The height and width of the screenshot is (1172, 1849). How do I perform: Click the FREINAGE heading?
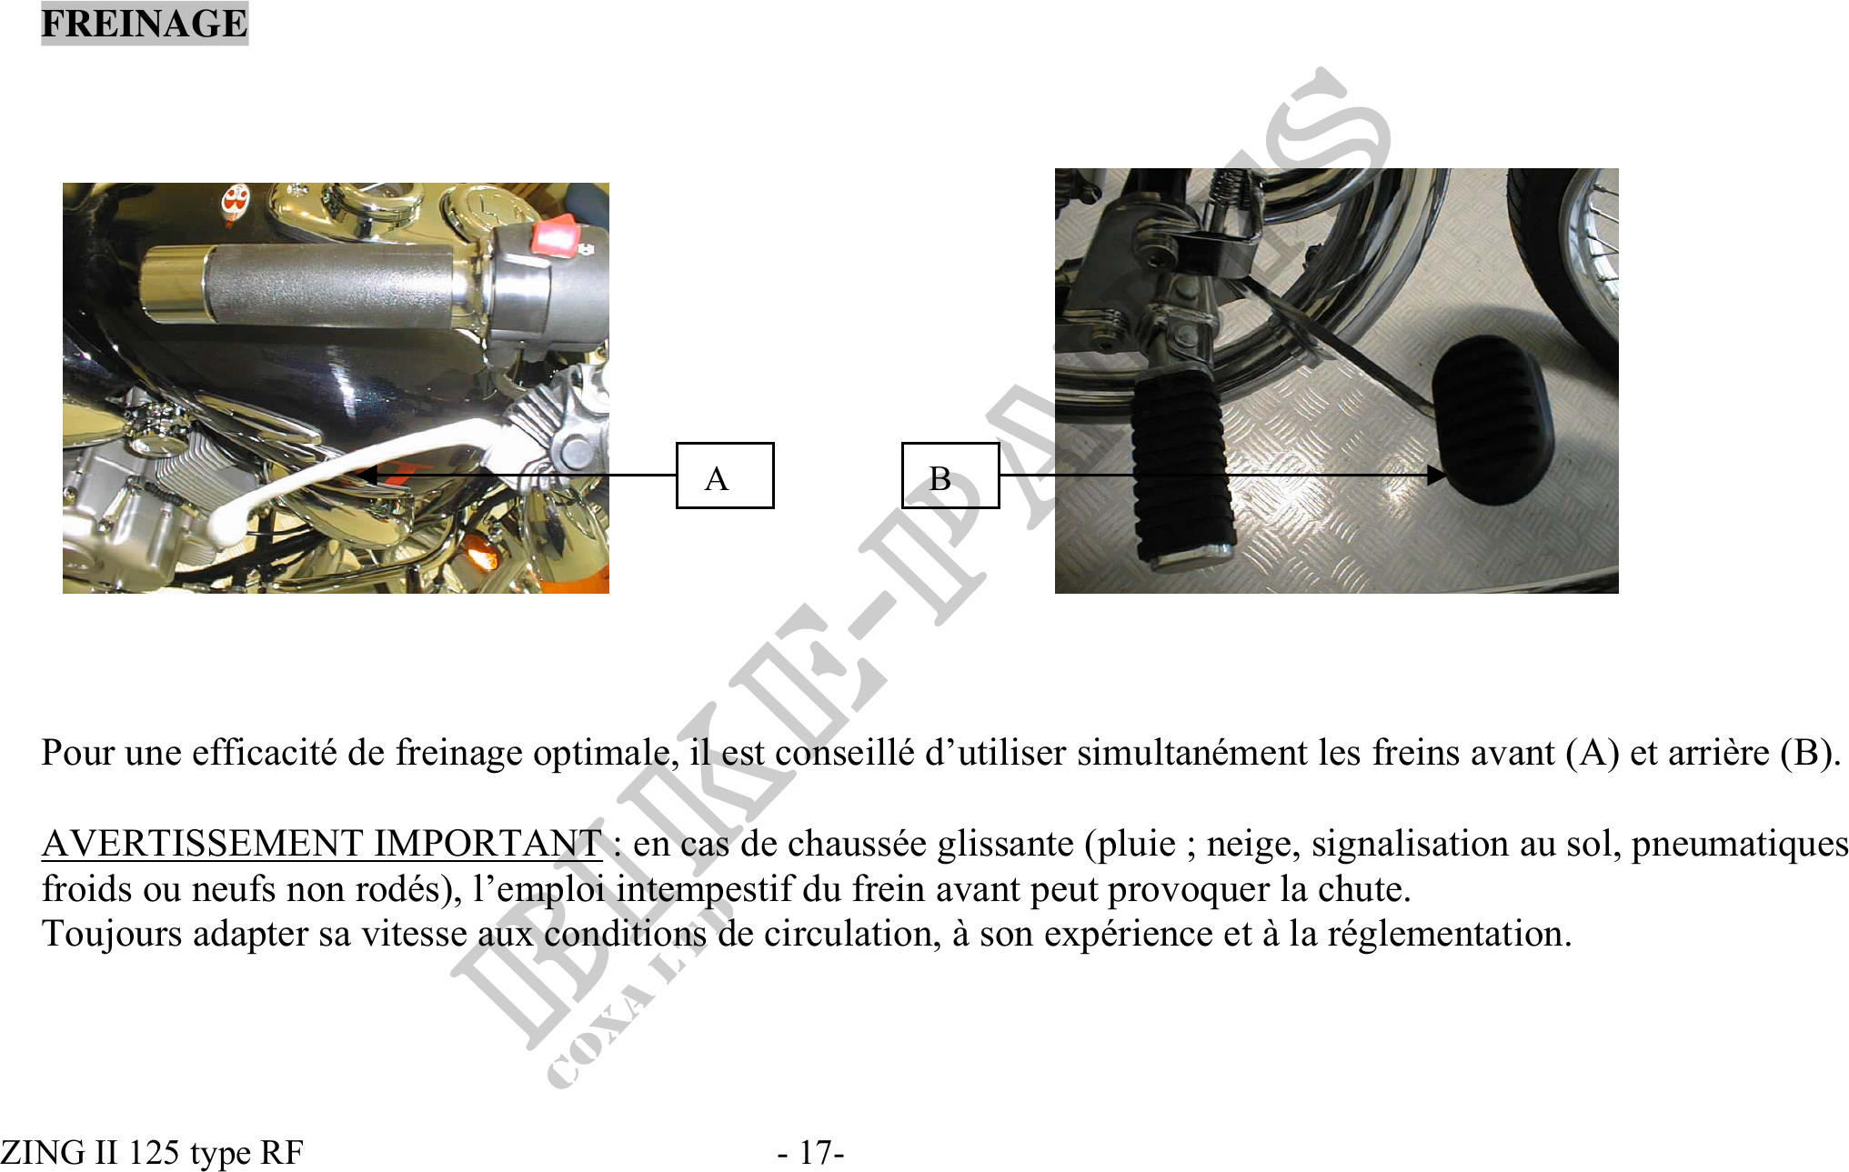coord(144,24)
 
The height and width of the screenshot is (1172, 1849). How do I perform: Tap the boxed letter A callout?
coord(725,476)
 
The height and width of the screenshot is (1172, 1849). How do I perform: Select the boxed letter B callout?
coord(950,476)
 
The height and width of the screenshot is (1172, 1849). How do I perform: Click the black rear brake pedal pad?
coord(1492,417)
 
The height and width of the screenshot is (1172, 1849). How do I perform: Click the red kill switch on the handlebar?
coord(554,236)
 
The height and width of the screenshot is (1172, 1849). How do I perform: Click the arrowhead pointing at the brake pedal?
coord(1436,475)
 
